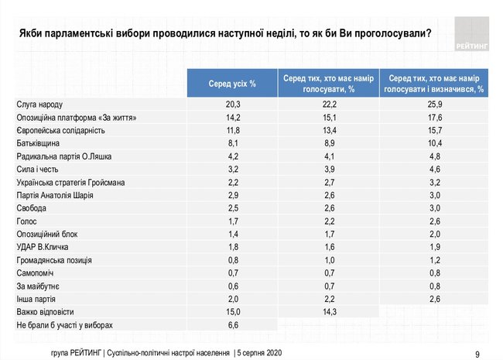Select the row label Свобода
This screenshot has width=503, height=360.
click(33, 207)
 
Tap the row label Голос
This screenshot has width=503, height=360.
click(27, 221)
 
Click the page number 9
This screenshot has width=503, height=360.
click(477, 352)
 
